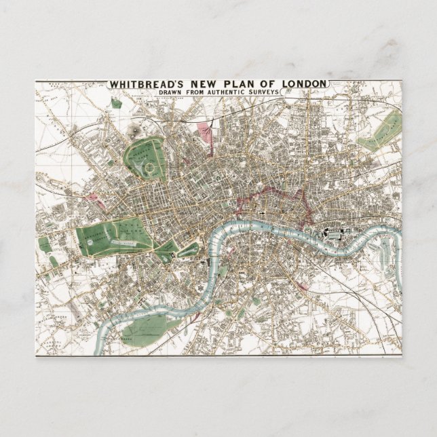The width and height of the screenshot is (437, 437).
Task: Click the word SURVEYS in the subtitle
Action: pos(255,92)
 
